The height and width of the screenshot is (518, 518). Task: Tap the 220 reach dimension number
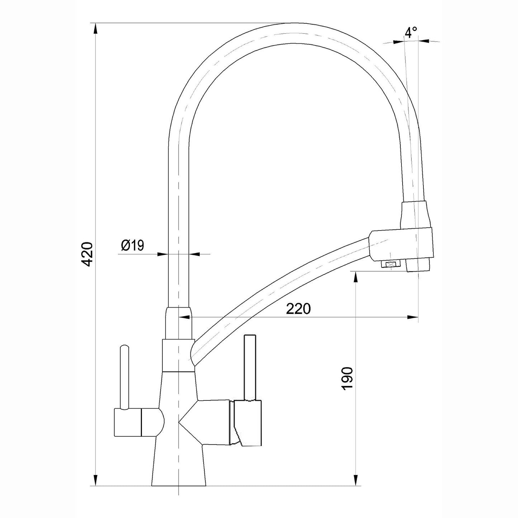tap(298, 309)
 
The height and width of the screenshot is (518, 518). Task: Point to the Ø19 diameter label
tap(132, 246)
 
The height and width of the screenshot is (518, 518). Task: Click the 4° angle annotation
tap(411, 33)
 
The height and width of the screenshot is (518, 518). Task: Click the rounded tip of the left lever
tap(124, 347)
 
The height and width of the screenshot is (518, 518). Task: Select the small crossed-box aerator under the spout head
tap(390, 265)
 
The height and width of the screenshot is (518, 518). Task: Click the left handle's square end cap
tap(127, 423)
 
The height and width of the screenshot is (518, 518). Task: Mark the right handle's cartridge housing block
tap(247, 423)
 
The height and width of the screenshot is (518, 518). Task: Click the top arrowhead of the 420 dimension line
tap(96, 29)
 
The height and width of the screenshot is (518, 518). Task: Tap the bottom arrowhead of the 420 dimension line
tap(96, 480)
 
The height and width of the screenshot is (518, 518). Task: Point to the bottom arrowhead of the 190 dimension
tap(355, 480)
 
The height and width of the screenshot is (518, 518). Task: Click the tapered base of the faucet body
tap(179, 466)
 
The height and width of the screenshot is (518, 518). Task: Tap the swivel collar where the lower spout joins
tap(178, 355)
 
